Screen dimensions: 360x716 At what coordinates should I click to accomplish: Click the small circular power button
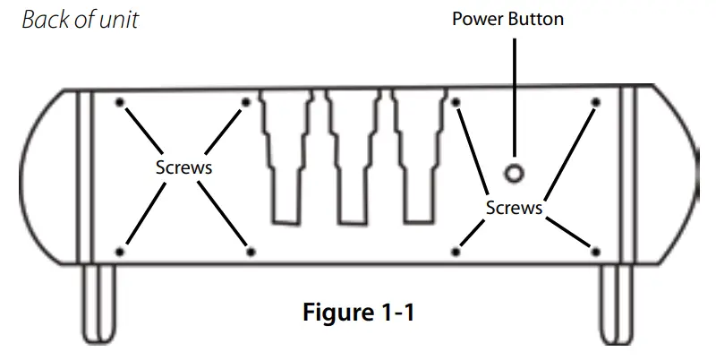(515, 173)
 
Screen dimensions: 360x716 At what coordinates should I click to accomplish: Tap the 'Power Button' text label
(508, 19)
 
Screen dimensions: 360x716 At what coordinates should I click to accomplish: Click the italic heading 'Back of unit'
(80, 20)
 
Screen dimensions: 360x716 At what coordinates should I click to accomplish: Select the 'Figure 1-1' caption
(359, 314)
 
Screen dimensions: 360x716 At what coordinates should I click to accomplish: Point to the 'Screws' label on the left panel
(184, 167)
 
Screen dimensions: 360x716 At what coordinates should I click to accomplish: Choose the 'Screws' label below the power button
(514, 208)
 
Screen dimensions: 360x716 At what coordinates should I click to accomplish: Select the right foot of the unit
(615, 304)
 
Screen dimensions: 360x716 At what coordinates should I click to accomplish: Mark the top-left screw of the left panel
(121, 102)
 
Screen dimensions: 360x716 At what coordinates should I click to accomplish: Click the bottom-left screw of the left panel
(121, 252)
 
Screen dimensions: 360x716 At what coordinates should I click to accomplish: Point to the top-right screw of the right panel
(594, 102)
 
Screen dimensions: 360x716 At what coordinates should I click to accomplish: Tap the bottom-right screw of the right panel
(594, 252)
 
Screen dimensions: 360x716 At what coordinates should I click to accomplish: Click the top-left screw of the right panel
(456, 102)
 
